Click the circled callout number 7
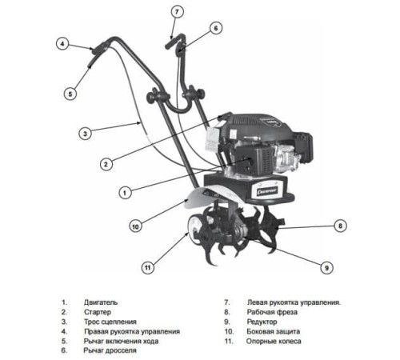(x=177, y=12)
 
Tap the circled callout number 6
(x=216, y=28)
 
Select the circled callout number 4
(x=62, y=44)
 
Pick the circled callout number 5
(x=70, y=94)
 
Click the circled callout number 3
(x=86, y=134)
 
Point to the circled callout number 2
(x=106, y=164)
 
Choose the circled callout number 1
(x=125, y=192)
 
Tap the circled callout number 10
(x=135, y=226)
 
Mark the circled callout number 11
(x=148, y=267)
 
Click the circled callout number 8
(x=340, y=226)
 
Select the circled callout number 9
(x=326, y=267)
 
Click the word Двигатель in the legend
(x=101, y=302)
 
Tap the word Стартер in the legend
(x=98, y=312)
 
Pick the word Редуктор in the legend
(x=262, y=322)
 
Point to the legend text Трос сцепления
(x=110, y=322)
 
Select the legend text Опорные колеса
(x=274, y=342)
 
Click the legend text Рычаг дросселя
(x=110, y=350)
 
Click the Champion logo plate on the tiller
(x=267, y=191)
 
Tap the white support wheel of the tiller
(x=194, y=226)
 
